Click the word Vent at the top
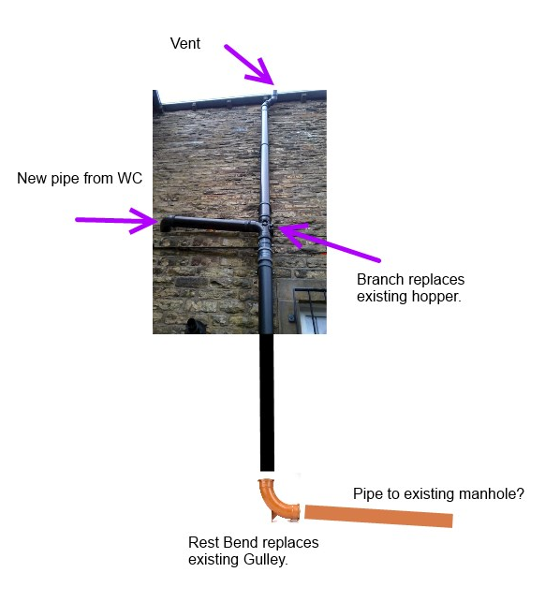[185, 43]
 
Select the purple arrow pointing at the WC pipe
[116, 220]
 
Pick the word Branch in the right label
[380, 280]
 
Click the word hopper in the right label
[436, 297]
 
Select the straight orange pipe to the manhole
[378, 517]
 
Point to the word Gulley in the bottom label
[265, 560]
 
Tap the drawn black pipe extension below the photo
[267, 403]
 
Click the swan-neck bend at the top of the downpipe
[270, 99]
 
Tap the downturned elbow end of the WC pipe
[167, 224]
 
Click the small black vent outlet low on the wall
[195, 327]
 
